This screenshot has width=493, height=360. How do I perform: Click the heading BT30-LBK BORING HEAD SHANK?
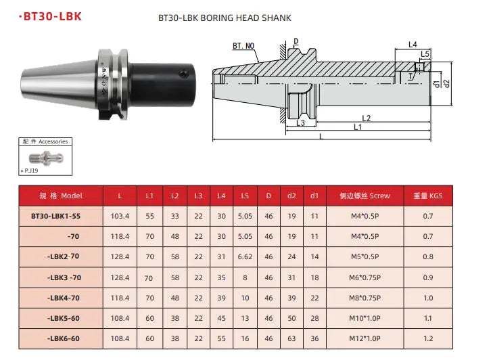pos(225,18)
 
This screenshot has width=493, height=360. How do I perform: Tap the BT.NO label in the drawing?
pos(243,47)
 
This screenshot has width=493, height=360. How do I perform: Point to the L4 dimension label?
pos(413,45)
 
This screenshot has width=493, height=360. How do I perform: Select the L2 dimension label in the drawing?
pos(366,118)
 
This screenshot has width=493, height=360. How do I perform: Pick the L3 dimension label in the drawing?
pos(300,122)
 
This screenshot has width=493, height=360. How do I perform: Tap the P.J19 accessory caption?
pos(29,171)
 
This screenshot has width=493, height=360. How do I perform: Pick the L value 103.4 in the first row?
pos(120,217)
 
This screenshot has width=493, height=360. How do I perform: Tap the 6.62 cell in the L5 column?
pos(245,256)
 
